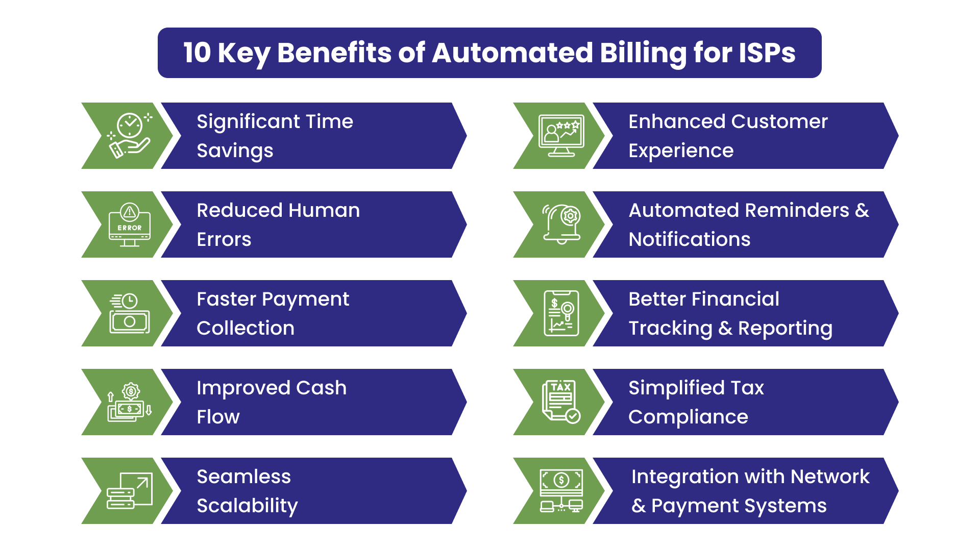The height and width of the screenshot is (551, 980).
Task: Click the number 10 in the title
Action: pos(197,53)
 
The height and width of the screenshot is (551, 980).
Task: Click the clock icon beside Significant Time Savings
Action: pos(130,135)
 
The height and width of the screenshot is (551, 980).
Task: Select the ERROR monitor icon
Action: pos(130,224)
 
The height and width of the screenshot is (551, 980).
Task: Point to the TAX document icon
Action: pos(561,402)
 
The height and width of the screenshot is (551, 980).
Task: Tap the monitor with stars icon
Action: pos(561,135)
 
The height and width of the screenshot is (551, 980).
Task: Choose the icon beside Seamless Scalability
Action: pos(130,490)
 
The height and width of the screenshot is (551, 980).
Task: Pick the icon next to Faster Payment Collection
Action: pos(130,313)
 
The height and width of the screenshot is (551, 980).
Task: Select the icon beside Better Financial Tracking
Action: pos(561,313)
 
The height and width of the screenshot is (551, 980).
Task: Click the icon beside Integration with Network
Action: pos(561,490)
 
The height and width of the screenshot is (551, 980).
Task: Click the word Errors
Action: pos(224,239)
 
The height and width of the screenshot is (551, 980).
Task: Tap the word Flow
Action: pos(218,417)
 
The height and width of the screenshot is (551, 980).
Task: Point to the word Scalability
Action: pos(247,506)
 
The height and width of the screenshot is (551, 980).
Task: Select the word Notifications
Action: pos(689,239)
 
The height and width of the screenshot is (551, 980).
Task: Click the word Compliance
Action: pos(688,417)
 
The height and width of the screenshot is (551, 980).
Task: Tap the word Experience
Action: pos(681,151)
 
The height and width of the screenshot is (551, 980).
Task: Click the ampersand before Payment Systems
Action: pos(638,506)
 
